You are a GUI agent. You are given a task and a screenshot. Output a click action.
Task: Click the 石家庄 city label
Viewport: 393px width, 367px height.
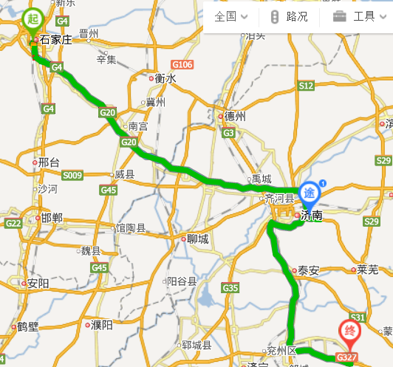point(54,39)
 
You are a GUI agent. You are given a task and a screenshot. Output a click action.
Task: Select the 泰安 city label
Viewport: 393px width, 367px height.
point(307,270)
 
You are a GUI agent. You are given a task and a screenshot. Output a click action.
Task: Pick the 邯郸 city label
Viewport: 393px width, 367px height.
point(52,217)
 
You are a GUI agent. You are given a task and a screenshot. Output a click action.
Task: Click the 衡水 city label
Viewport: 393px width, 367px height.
point(165,78)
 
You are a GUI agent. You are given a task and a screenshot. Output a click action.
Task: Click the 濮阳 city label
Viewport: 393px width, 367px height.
point(101,324)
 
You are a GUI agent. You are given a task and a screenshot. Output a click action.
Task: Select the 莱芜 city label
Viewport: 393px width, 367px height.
point(367,269)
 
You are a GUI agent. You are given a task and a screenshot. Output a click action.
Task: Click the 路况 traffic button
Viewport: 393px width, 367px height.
point(290,16)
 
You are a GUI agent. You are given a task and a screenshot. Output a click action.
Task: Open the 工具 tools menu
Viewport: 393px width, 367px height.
point(355,16)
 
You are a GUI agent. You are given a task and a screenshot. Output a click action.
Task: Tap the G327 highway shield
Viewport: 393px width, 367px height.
point(347,357)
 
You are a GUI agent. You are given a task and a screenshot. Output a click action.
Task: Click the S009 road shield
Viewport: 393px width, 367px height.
point(72,176)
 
